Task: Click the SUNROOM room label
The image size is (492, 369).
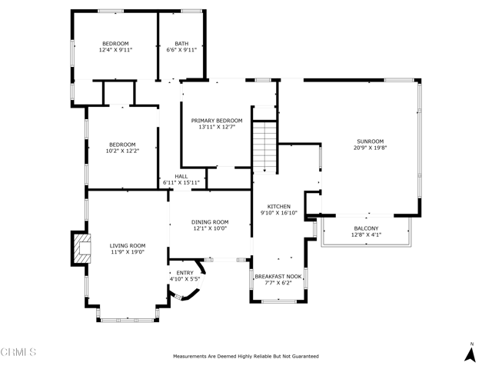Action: click(371, 141)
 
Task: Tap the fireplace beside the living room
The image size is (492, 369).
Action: click(81, 248)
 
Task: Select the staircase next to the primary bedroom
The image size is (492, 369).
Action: click(264, 147)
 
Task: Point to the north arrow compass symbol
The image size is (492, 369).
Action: click(470, 353)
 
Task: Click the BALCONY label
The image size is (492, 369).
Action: click(366, 228)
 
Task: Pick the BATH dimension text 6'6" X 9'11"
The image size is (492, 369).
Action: click(181, 49)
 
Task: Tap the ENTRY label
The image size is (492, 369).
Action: click(184, 273)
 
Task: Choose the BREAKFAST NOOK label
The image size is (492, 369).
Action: click(278, 277)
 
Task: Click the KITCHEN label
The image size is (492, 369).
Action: click(278, 207)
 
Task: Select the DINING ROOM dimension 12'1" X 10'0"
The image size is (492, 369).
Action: click(210, 228)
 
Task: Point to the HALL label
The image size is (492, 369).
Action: click(181, 177)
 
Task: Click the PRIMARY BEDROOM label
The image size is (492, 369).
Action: click(217, 121)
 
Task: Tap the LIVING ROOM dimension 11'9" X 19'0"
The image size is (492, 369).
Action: click(128, 252)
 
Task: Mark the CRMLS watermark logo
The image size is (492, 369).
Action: click(18, 352)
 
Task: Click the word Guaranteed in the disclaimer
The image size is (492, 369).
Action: click(305, 357)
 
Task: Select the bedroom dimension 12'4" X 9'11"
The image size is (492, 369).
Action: click(115, 49)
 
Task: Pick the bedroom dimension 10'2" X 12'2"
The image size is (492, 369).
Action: click(122, 151)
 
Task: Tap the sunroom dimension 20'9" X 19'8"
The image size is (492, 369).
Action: click(371, 148)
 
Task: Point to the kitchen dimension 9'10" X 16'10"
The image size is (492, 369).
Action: click(279, 213)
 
